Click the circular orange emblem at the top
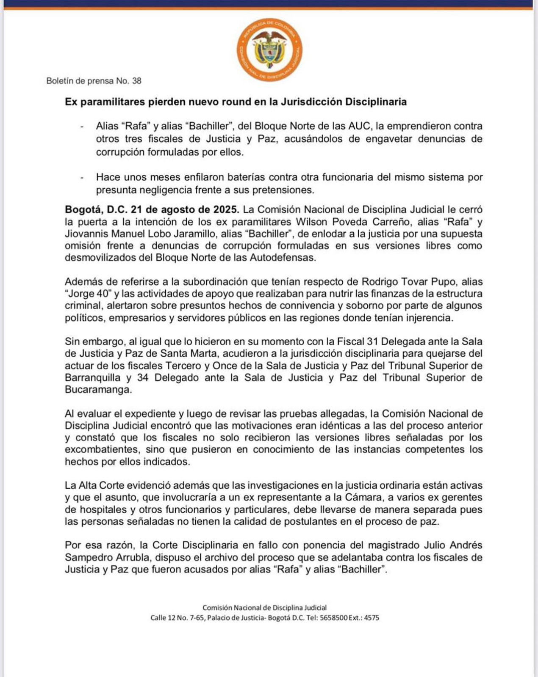pyautogui.click(x=269, y=50)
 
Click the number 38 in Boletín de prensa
pyautogui.click(x=136, y=81)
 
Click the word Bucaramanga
pyautogui.click(x=98, y=390)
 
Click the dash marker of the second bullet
pyautogui.click(x=82, y=178)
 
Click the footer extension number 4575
pyautogui.click(x=372, y=618)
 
